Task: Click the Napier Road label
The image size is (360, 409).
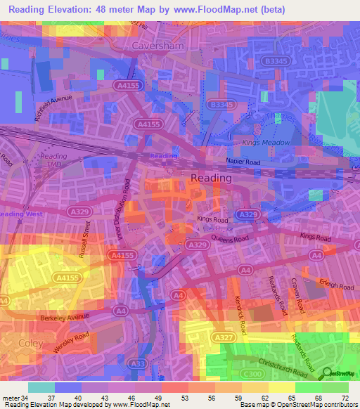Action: [244, 161]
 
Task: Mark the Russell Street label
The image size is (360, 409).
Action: [84, 241]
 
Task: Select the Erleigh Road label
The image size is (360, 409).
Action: [335, 287]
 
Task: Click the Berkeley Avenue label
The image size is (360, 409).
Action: [65, 317]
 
